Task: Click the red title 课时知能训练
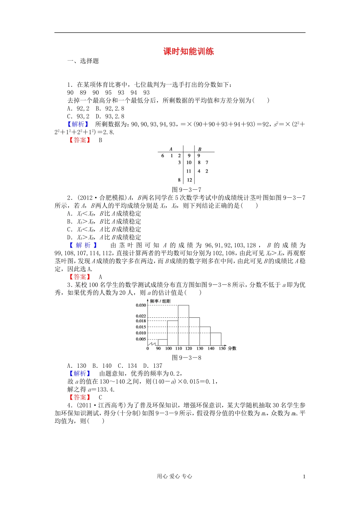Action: click(x=188, y=52)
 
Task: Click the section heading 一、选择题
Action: click(x=83, y=61)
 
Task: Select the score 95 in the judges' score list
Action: click(x=108, y=92)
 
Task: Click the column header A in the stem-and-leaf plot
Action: click(x=171, y=149)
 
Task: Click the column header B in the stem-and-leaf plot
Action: click(x=200, y=149)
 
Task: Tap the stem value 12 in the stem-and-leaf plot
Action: click(x=189, y=180)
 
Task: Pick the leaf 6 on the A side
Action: click(x=163, y=156)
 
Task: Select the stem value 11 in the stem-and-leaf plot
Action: click(x=189, y=171)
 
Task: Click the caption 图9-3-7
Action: click(x=186, y=189)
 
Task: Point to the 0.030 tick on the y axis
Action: click(x=141, y=305)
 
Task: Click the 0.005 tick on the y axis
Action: click(x=141, y=339)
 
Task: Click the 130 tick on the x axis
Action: click(x=200, y=348)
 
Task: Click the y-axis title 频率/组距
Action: click(x=160, y=301)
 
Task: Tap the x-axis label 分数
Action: click(x=232, y=348)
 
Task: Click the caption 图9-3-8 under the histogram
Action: click(x=186, y=358)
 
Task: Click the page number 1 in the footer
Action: click(x=304, y=476)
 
